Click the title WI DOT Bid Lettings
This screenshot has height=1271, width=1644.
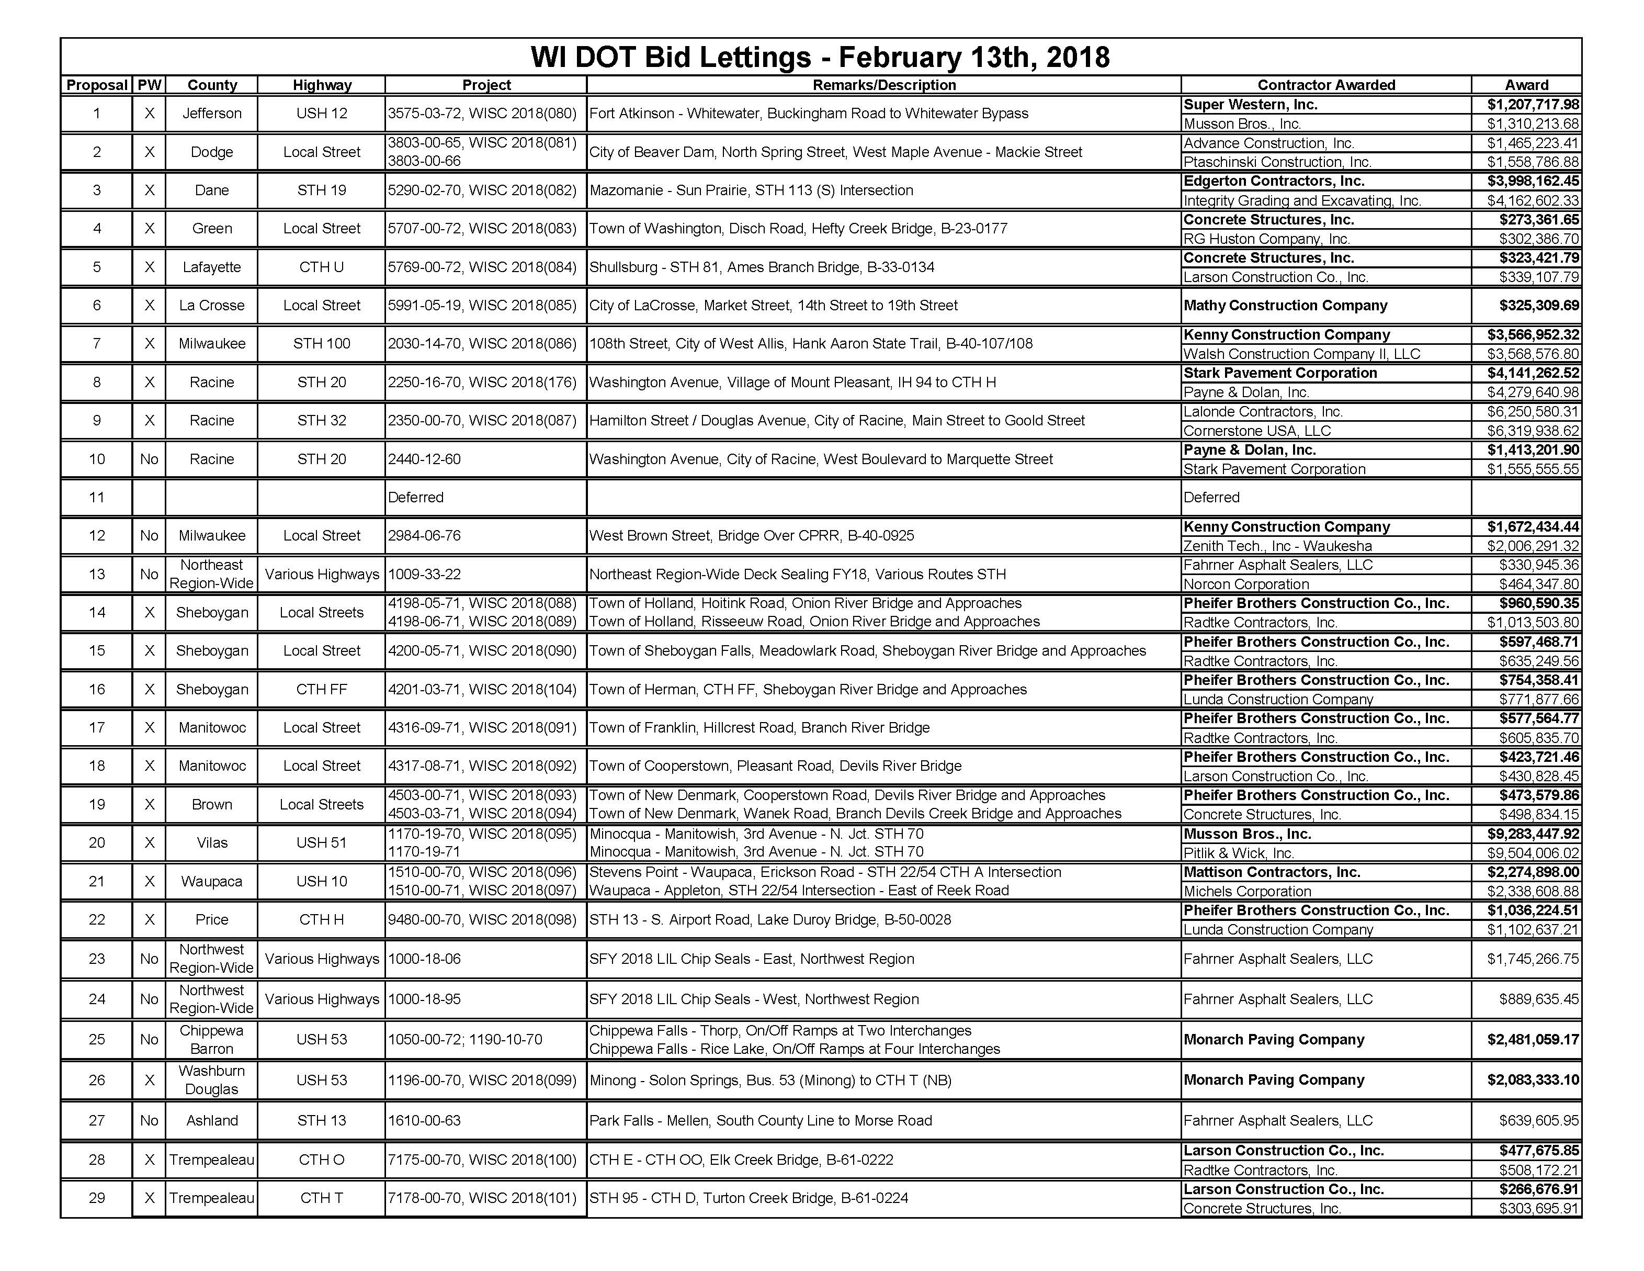820,57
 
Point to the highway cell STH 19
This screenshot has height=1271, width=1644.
321,190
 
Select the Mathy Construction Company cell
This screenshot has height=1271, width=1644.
1285,306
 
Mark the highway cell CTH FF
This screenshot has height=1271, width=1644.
321,690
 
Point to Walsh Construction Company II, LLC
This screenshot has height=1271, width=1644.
1301,354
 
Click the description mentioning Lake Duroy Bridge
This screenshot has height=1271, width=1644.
770,920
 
